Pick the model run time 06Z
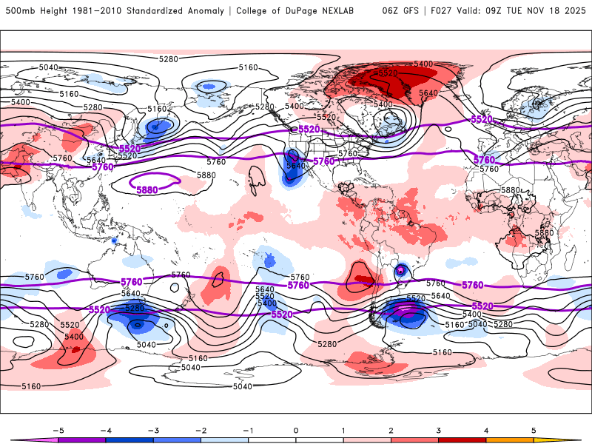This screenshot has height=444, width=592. click(391, 11)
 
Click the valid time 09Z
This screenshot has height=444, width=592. click(493, 11)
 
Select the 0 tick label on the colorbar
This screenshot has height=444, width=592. click(296, 430)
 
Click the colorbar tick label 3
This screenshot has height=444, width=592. click(438, 430)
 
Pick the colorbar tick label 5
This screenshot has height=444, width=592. click(534, 430)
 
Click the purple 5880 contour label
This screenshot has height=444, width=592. click(147, 190)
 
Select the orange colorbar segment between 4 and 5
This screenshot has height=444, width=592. click(510, 440)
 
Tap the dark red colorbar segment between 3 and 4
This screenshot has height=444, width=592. click(462, 440)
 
